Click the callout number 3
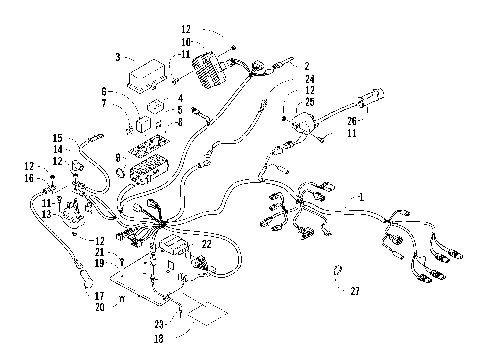[x=118, y=58]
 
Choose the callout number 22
[x=206, y=244]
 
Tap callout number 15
[x=58, y=137]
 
